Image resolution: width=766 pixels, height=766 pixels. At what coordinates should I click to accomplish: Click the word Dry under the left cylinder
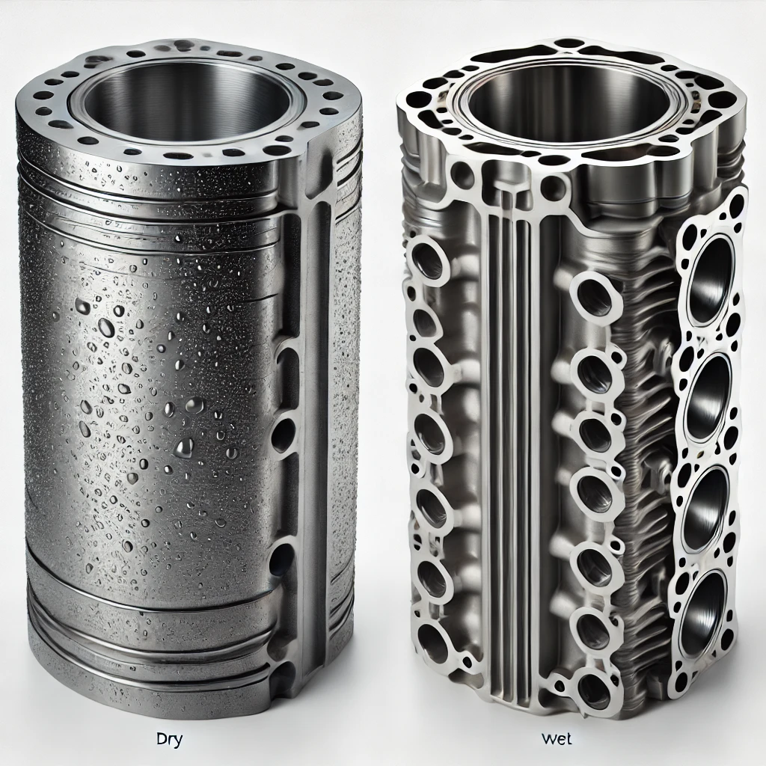coord(169,739)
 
